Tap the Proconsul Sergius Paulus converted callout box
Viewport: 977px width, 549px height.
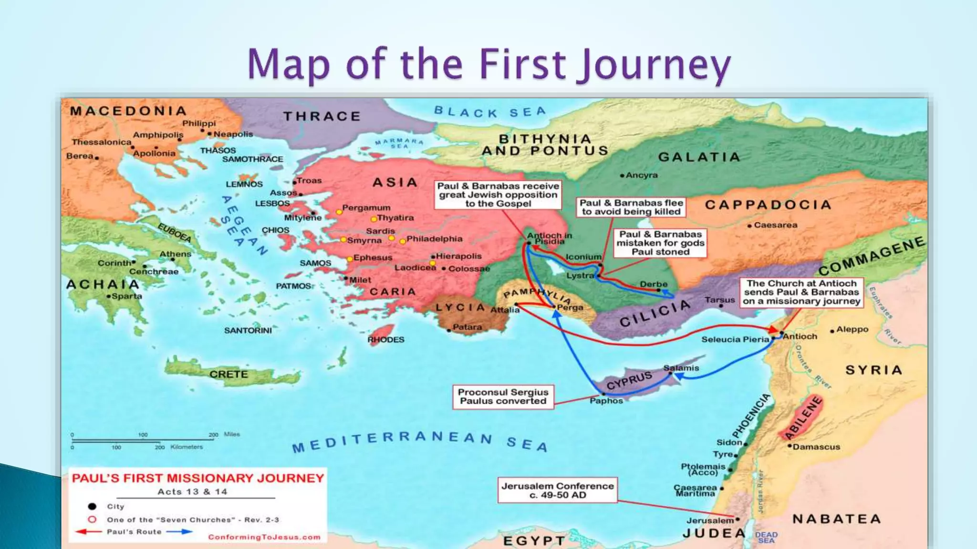[x=503, y=396]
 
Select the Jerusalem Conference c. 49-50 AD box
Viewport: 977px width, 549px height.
[x=557, y=490]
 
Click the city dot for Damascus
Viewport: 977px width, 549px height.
[x=790, y=446]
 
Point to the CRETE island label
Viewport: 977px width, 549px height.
[x=229, y=374]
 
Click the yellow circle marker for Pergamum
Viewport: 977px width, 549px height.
[x=339, y=212]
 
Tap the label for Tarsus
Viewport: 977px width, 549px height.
[x=719, y=300]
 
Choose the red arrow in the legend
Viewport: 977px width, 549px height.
[x=89, y=531]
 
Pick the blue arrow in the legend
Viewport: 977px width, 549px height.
[x=179, y=531]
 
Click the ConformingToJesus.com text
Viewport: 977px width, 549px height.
[x=264, y=537]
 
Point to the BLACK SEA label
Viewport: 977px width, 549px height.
[x=489, y=112]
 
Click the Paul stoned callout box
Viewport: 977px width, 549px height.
[x=660, y=243]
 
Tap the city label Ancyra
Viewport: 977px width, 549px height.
[x=641, y=175]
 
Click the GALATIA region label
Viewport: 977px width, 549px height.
[x=699, y=157]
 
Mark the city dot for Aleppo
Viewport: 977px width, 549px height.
[x=832, y=331]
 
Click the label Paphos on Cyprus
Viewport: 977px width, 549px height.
[x=606, y=401]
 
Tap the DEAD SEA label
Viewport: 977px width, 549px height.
[x=766, y=537]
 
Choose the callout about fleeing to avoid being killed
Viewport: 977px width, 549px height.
[x=631, y=207]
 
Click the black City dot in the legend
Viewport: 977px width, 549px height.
[x=92, y=506]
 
